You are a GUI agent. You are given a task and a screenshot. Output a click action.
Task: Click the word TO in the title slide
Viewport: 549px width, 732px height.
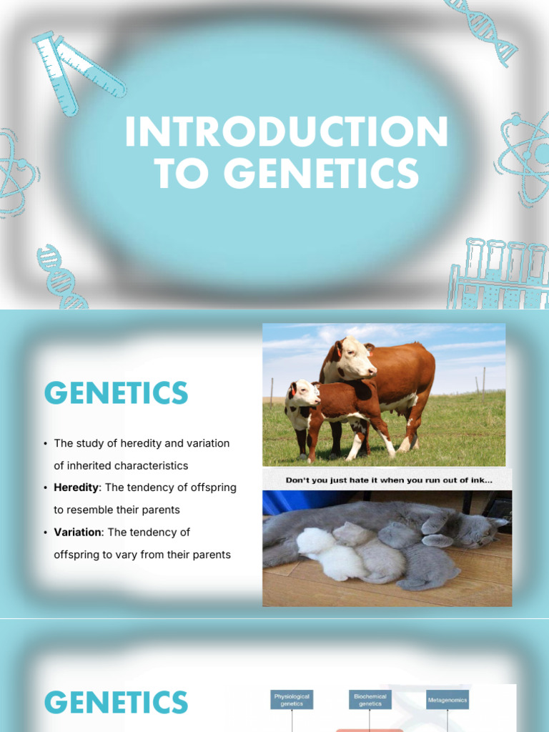183,174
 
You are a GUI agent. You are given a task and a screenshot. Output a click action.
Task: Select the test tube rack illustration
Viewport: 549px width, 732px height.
500,274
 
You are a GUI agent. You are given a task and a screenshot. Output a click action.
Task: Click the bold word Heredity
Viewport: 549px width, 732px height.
77,488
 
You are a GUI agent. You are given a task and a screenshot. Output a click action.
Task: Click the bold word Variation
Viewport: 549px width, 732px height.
78,533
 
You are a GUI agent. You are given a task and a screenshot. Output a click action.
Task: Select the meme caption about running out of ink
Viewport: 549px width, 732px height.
388,480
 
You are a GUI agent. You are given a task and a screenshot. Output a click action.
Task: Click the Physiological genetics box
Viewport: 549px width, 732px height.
292,699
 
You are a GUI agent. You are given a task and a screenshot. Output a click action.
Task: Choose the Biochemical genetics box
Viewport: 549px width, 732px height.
370,699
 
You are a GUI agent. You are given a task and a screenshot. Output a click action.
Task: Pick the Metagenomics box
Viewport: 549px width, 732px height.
447,700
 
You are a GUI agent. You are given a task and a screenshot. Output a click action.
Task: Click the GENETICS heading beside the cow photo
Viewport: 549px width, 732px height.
116,394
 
